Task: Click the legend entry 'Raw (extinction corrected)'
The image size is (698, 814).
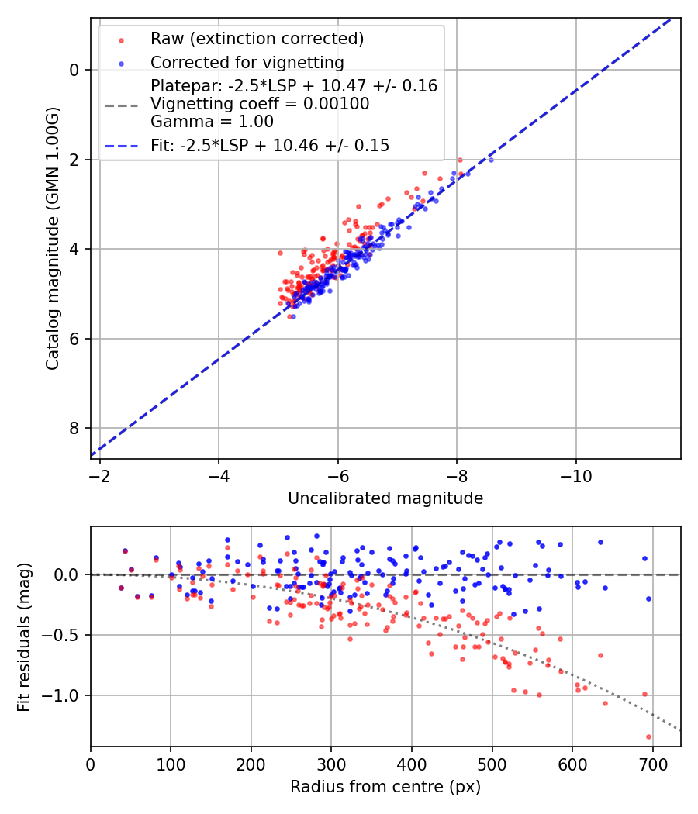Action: pos(257,39)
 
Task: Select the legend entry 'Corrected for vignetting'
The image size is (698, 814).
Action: pos(247,62)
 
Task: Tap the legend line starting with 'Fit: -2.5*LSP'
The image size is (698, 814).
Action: pos(270,145)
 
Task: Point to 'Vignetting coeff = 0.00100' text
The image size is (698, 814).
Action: pos(260,104)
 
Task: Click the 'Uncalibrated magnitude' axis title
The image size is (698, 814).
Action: pos(385,498)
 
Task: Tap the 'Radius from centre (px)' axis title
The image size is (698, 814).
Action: pos(385,787)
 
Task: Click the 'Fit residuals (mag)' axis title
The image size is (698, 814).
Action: pos(24,636)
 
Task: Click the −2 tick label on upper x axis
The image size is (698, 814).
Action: pos(99,474)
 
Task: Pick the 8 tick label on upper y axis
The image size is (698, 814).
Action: pos(74,429)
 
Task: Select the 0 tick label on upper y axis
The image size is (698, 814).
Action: pos(74,71)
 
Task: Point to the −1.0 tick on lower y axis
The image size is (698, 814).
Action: pos(65,695)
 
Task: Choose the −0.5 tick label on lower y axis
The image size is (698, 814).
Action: pos(65,635)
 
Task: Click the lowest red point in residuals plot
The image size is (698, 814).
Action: pos(648,736)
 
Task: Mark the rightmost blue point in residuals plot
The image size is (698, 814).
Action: pos(648,598)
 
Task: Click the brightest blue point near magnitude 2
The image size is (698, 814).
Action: pos(490,160)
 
